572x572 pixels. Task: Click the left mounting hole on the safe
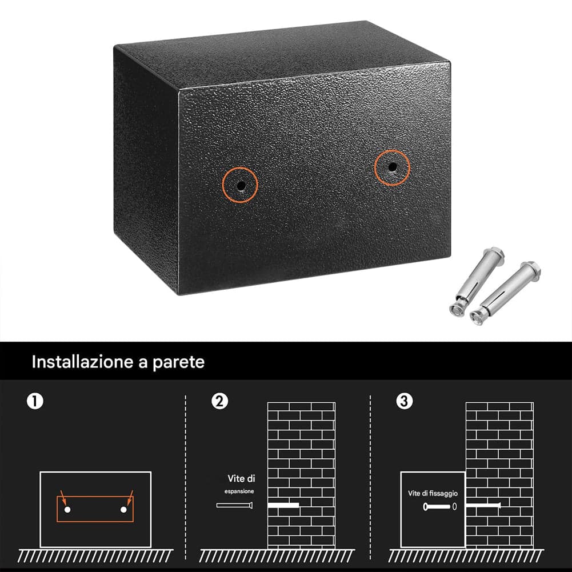coord(241,185)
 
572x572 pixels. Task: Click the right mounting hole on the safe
coord(392,167)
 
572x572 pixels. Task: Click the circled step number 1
coord(35,401)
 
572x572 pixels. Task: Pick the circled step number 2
coord(219,401)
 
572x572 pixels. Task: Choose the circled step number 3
coord(404,401)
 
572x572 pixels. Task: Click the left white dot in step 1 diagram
coord(67,510)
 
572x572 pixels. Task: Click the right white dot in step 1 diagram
coord(123,510)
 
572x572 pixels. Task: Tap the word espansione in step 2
coord(239,491)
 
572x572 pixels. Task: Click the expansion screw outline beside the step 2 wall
coord(234,505)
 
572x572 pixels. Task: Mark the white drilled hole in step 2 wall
coord(283,505)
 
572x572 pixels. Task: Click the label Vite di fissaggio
coord(433,493)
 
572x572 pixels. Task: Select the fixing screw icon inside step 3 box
coord(437,507)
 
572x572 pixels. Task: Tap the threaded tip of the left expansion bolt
coord(457,310)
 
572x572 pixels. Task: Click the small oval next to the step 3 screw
coord(454,507)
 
